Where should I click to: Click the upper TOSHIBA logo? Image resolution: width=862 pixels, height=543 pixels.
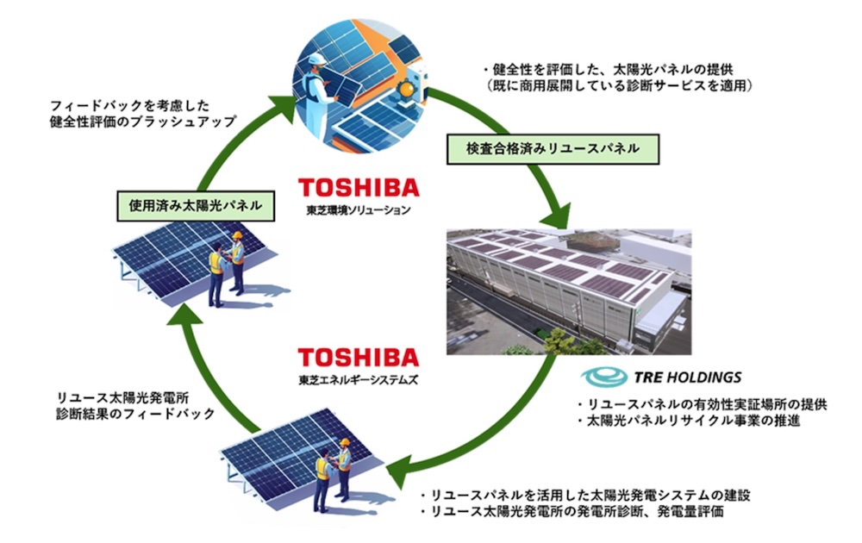click(x=358, y=188)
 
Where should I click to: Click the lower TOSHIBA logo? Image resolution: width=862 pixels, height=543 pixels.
click(x=358, y=357)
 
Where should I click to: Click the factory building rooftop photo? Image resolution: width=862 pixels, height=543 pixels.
click(x=570, y=291)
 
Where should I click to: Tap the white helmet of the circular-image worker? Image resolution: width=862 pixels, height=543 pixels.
click(x=315, y=59)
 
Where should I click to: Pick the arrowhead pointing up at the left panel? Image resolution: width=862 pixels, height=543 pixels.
click(x=184, y=318)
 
